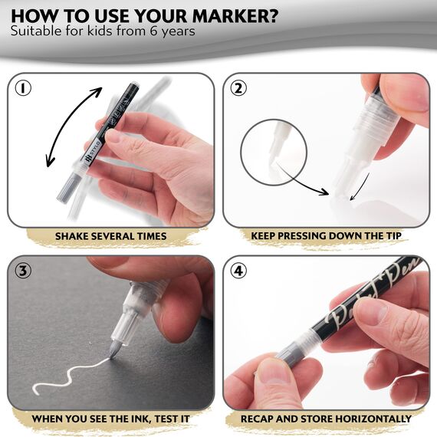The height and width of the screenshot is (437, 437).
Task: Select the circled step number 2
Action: [x=239, y=88]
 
